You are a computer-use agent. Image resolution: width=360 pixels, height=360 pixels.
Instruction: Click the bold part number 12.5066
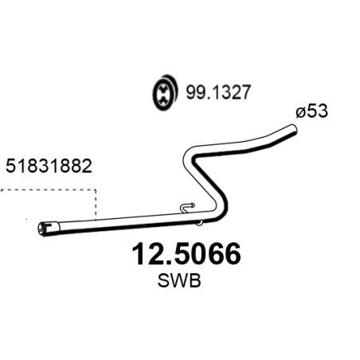click(186, 254)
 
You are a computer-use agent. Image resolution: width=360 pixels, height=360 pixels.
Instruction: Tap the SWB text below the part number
click(179, 280)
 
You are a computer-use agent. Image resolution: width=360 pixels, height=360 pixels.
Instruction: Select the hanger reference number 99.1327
click(218, 92)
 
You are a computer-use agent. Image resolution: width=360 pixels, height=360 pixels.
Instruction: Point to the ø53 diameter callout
click(312, 111)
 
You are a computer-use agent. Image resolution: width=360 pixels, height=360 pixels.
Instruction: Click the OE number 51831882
click(49, 166)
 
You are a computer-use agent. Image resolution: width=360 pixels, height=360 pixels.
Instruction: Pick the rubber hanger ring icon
click(165, 92)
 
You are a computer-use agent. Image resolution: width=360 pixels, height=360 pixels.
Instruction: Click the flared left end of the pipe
click(48, 229)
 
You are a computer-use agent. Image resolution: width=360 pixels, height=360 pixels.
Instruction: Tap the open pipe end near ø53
click(292, 130)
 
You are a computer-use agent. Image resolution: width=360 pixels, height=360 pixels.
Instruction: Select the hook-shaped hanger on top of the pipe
click(187, 208)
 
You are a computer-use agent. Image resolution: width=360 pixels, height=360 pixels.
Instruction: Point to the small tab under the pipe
click(199, 223)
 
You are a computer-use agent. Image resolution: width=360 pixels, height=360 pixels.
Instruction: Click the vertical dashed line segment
click(96, 205)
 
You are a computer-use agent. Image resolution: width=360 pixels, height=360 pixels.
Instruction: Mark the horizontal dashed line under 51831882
click(48, 190)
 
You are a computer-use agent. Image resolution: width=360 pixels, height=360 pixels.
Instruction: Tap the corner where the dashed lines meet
click(96, 190)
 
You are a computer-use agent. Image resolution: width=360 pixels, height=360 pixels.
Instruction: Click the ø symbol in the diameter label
click(300, 113)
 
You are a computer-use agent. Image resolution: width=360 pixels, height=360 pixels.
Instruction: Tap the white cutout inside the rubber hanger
click(162, 94)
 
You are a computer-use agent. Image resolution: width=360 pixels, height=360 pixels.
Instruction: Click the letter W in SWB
click(179, 280)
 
